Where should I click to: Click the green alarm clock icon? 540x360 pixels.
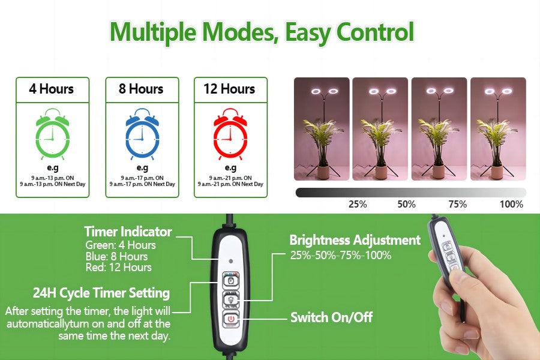tap(53, 134)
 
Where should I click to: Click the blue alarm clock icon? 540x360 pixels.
tap(142, 134)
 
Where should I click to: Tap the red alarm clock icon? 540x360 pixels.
tap(230, 134)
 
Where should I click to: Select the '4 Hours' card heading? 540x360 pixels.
tap(52, 89)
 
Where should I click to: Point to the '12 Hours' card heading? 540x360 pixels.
tap(229, 89)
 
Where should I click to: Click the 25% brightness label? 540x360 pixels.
tap(358, 204)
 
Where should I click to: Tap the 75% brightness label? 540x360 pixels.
tap(457, 204)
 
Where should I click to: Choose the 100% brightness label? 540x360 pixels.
tap(511, 204)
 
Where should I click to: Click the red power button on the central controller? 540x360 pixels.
tap(231, 319)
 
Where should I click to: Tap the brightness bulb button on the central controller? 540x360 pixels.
tap(230, 300)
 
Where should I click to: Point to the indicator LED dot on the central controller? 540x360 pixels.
tap(231, 261)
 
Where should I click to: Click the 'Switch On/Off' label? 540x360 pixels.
tap(331, 317)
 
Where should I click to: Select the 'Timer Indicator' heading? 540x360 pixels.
tap(128, 232)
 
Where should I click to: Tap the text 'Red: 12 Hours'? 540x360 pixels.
tap(118, 268)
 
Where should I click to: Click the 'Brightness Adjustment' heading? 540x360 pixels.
tap(355, 240)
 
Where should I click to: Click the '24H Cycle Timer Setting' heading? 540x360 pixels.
tap(101, 293)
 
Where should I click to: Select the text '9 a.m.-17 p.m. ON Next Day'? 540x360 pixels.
tap(142, 184)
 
